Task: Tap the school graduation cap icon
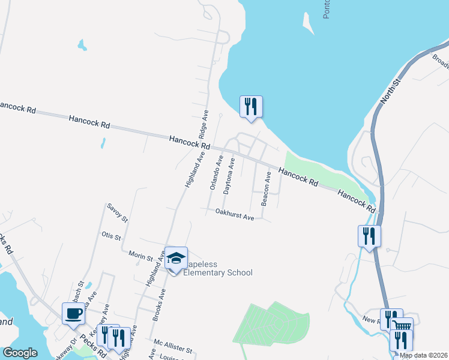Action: click(176, 259)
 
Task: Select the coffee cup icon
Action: click(73, 313)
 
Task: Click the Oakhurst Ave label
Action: click(235, 213)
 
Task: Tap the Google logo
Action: click(20, 353)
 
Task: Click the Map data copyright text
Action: click(424, 355)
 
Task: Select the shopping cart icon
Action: click(403, 326)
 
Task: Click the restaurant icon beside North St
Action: click(369, 236)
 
